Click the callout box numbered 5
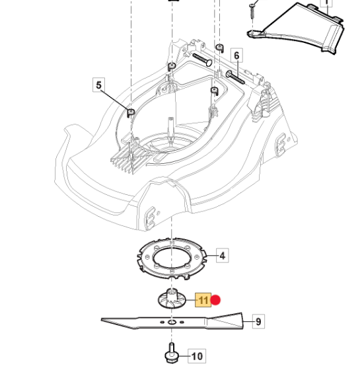pos(98,85)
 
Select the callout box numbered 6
pos(236,55)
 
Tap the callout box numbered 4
pos(223,255)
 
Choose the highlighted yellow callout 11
pos(203,300)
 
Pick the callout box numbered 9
pos(258,321)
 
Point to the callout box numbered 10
pos(197,356)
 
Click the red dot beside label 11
pos(216,300)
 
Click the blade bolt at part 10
pos(172,352)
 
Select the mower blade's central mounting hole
pos(172,322)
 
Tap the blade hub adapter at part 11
pos(172,299)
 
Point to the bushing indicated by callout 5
pos(131,112)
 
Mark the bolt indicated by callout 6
pos(235,77)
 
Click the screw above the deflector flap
pos(252,11)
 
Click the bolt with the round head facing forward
pos(203,59)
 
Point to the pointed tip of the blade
pos(102,320)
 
